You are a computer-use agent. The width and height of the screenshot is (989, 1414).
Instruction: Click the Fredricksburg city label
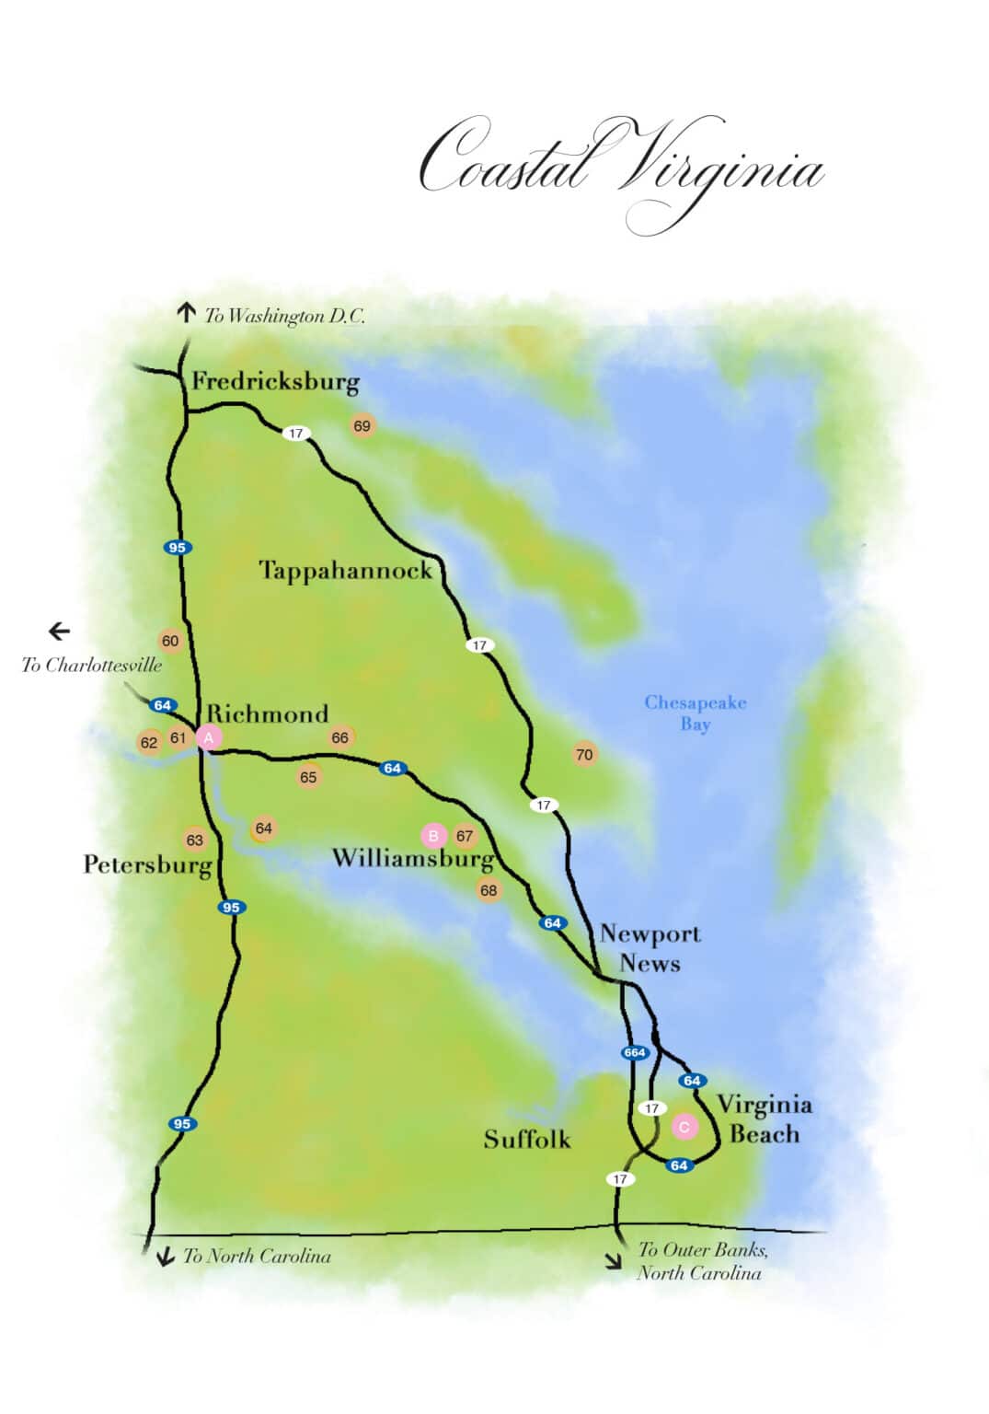(x=275, y=382)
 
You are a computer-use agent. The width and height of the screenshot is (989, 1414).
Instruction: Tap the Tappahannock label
(x=345, y=571)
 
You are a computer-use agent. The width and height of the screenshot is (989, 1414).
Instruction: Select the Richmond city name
(x=267, y=714)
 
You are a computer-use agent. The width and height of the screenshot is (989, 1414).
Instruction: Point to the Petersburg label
(x=147, y=865)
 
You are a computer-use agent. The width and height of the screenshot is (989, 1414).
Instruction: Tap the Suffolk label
(x=527, y=1140)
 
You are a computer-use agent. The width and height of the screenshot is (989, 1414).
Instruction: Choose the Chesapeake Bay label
(x=696, y=713)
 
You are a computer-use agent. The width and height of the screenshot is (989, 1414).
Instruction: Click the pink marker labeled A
(x=209, y=737)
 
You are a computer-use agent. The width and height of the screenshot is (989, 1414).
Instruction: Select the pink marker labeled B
(x=433, y=836)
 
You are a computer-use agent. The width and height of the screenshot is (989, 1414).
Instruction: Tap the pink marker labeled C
(x=684, y=1127)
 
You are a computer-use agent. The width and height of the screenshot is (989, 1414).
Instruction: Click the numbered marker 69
(x=362, y=426)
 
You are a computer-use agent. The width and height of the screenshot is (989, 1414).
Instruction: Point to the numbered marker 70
(x=584, y=755)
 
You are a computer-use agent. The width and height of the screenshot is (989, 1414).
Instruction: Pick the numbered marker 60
(x=170, y=642)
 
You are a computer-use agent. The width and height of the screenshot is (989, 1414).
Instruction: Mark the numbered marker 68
(x=489, y=890)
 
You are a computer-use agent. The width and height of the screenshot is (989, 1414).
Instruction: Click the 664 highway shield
(x=635, y=1052)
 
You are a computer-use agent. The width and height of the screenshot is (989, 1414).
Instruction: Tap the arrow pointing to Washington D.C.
(x=187, y=313)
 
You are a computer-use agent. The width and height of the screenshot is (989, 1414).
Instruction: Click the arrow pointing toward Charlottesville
(x=59, y=632)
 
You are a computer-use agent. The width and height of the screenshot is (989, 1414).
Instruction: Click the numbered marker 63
(x=194, y=840)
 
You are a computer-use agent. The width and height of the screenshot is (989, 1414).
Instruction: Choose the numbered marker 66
(x=339, y=737)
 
